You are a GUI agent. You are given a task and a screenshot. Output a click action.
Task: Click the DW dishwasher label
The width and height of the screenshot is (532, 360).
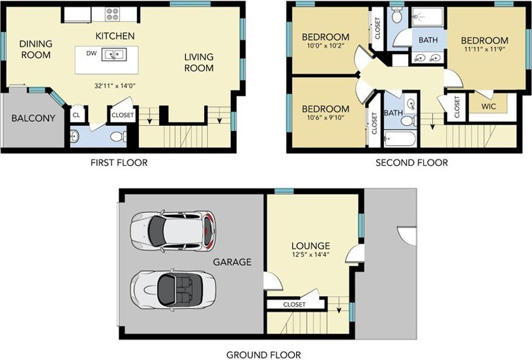(91, 53)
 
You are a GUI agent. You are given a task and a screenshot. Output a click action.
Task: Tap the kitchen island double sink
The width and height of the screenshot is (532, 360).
(114, 55)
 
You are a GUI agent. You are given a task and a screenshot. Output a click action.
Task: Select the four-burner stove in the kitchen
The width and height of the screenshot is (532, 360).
(113, 14)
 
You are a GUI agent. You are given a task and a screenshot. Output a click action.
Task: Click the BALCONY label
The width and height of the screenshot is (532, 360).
(33, 118)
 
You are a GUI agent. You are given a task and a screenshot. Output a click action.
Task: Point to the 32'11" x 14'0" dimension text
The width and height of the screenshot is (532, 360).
(115, 86)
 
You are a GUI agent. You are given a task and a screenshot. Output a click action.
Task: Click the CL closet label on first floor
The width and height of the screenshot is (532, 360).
(76, 115)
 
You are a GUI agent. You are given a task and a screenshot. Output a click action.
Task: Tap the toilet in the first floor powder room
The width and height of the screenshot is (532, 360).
(119, 136)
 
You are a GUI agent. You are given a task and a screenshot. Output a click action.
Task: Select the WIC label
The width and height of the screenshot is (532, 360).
(488, 106)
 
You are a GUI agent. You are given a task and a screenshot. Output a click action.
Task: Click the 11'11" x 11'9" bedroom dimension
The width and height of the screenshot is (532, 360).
(485, 49)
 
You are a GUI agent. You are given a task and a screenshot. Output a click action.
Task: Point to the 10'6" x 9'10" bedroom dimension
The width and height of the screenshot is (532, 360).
(326, 118)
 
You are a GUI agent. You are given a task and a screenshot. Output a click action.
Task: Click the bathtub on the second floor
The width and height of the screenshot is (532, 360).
(400, 139)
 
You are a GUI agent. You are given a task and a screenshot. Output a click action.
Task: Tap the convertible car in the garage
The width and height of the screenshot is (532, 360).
(173, 290)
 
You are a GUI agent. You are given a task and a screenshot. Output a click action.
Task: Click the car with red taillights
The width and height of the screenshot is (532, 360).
(173, 231)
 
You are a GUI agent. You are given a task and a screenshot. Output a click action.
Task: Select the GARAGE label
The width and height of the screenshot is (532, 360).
(232, 262)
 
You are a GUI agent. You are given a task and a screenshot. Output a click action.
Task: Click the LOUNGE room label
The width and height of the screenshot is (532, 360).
(311, 246)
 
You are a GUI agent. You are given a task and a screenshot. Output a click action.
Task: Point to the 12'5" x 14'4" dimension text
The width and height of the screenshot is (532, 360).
(311, 254)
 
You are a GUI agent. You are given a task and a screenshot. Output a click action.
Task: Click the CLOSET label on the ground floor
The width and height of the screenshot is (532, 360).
(294, 305)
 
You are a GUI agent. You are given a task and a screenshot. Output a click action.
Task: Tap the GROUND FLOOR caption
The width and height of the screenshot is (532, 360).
(263, 355)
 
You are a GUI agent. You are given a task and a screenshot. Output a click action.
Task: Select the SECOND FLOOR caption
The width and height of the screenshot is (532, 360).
(411, 163)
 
